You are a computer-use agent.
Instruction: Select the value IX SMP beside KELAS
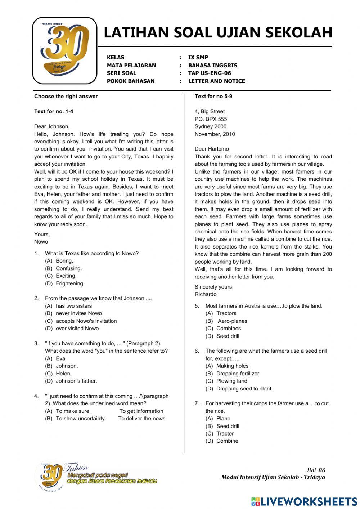tap(198, 57)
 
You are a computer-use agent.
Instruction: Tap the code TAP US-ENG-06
tap(210, 73)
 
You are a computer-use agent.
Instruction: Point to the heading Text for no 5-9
tap(213, 96)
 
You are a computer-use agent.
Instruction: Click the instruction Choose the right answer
tap(66, 96)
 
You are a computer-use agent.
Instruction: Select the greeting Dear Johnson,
tap(52, 126)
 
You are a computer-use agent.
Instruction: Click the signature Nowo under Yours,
tap(41, 242)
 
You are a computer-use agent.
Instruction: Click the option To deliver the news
tap(142, 419)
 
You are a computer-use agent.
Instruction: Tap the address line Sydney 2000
tap(211, 126)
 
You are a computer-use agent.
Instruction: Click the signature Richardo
tap(206, 294)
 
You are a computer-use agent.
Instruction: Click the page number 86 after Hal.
tap(322, 470)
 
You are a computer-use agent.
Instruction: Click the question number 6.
tap(197, 351)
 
